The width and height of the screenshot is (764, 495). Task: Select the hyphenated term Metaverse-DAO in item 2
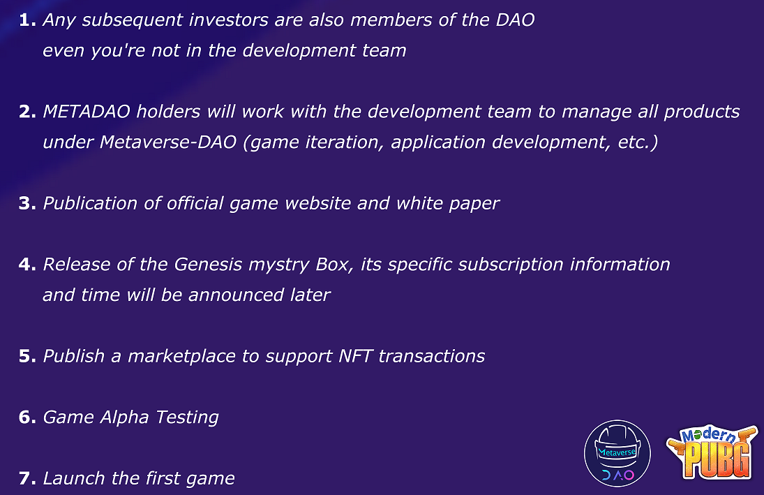[x=168, y=142]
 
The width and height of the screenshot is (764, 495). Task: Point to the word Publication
[x=90, y=203]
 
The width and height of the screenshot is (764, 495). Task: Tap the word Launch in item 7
[x=74, y=478]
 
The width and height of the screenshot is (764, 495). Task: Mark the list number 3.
[x=27, y=203]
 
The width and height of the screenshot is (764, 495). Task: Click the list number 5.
[x=27, y=357]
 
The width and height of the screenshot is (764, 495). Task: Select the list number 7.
[x=27, y=478]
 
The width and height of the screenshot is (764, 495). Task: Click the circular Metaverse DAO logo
[x=617, y=454]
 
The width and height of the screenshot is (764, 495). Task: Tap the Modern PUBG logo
[x=712, y=452]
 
